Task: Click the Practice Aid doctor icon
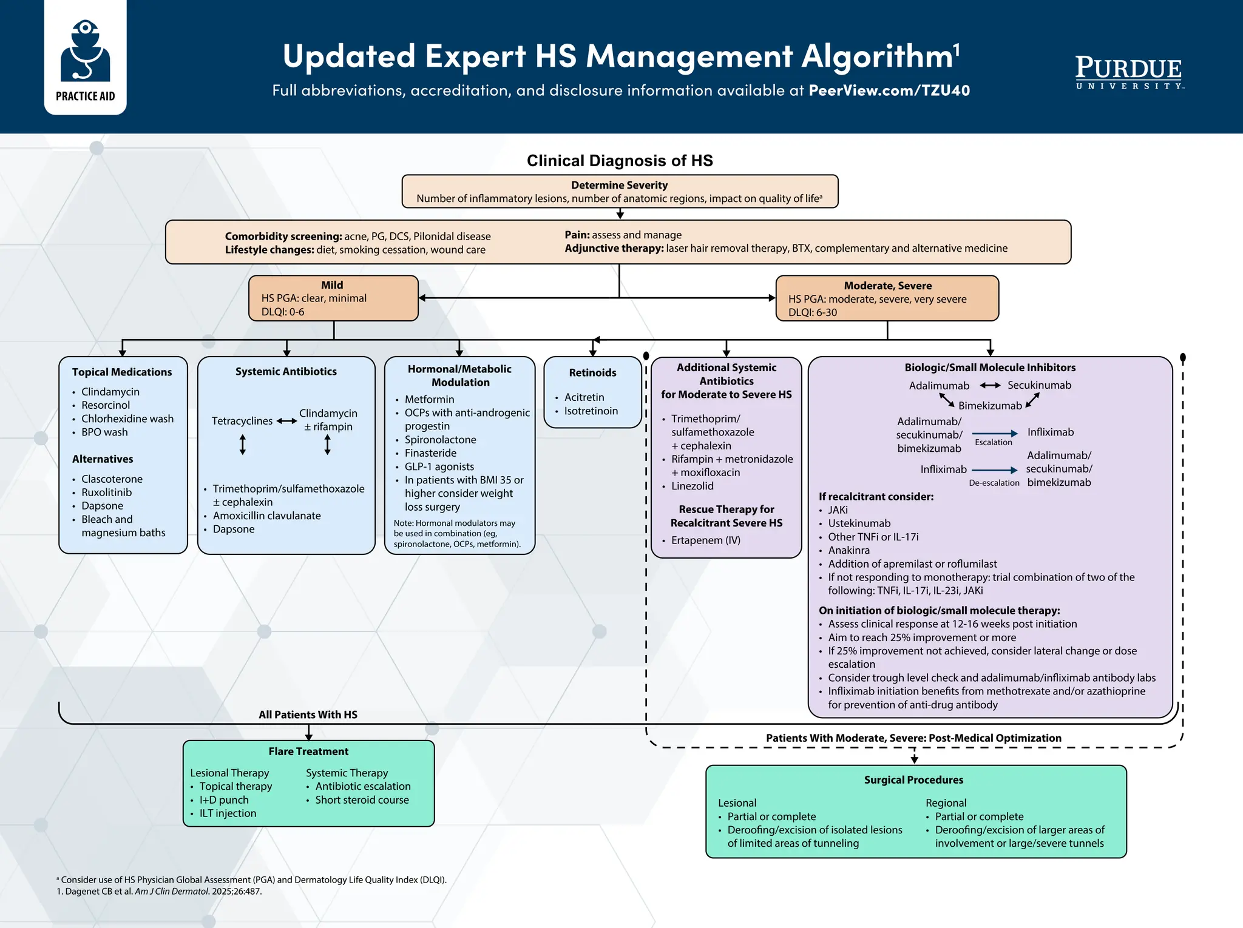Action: coord(85,51)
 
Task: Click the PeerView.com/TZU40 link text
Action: coord(889,91)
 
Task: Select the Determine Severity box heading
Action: coord(619,185)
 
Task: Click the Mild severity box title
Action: coord(332,285)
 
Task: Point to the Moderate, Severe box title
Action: coord(887,286)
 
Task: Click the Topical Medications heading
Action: coord(122,372)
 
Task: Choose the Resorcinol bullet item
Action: coord(106,405)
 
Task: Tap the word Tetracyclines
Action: coord(242,421)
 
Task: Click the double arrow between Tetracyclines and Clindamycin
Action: coord(286,421)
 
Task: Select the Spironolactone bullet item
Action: coord(440,440)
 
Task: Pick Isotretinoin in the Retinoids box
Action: coord(591,411)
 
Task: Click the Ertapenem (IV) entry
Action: coord(705,540)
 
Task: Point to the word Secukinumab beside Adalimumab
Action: coord(1039,385)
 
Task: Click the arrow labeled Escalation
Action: coord(995,433)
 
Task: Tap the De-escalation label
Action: coord(994,483)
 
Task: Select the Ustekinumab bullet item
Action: coord(859,523)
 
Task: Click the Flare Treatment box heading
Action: coord(308,751)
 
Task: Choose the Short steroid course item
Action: coord(362,800)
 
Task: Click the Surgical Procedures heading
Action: coord(913,780)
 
